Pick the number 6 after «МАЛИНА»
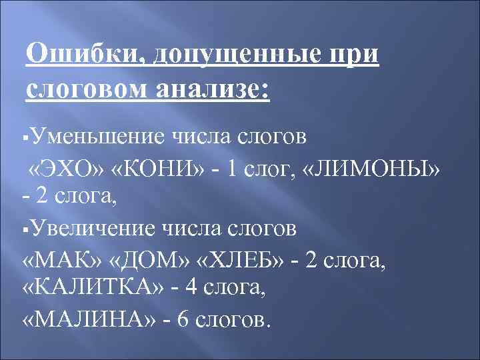[x=184, y=319]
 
